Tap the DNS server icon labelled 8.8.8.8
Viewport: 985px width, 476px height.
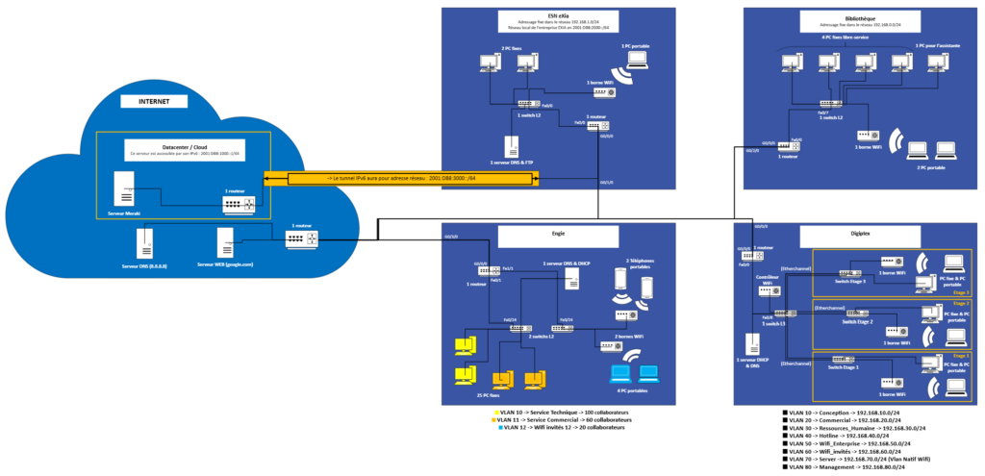point(145,240)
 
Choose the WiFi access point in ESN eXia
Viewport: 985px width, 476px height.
point(604,92)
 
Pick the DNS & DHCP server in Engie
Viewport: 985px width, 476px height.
point(571,279)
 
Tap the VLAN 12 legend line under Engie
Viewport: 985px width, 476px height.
point(563,426)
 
